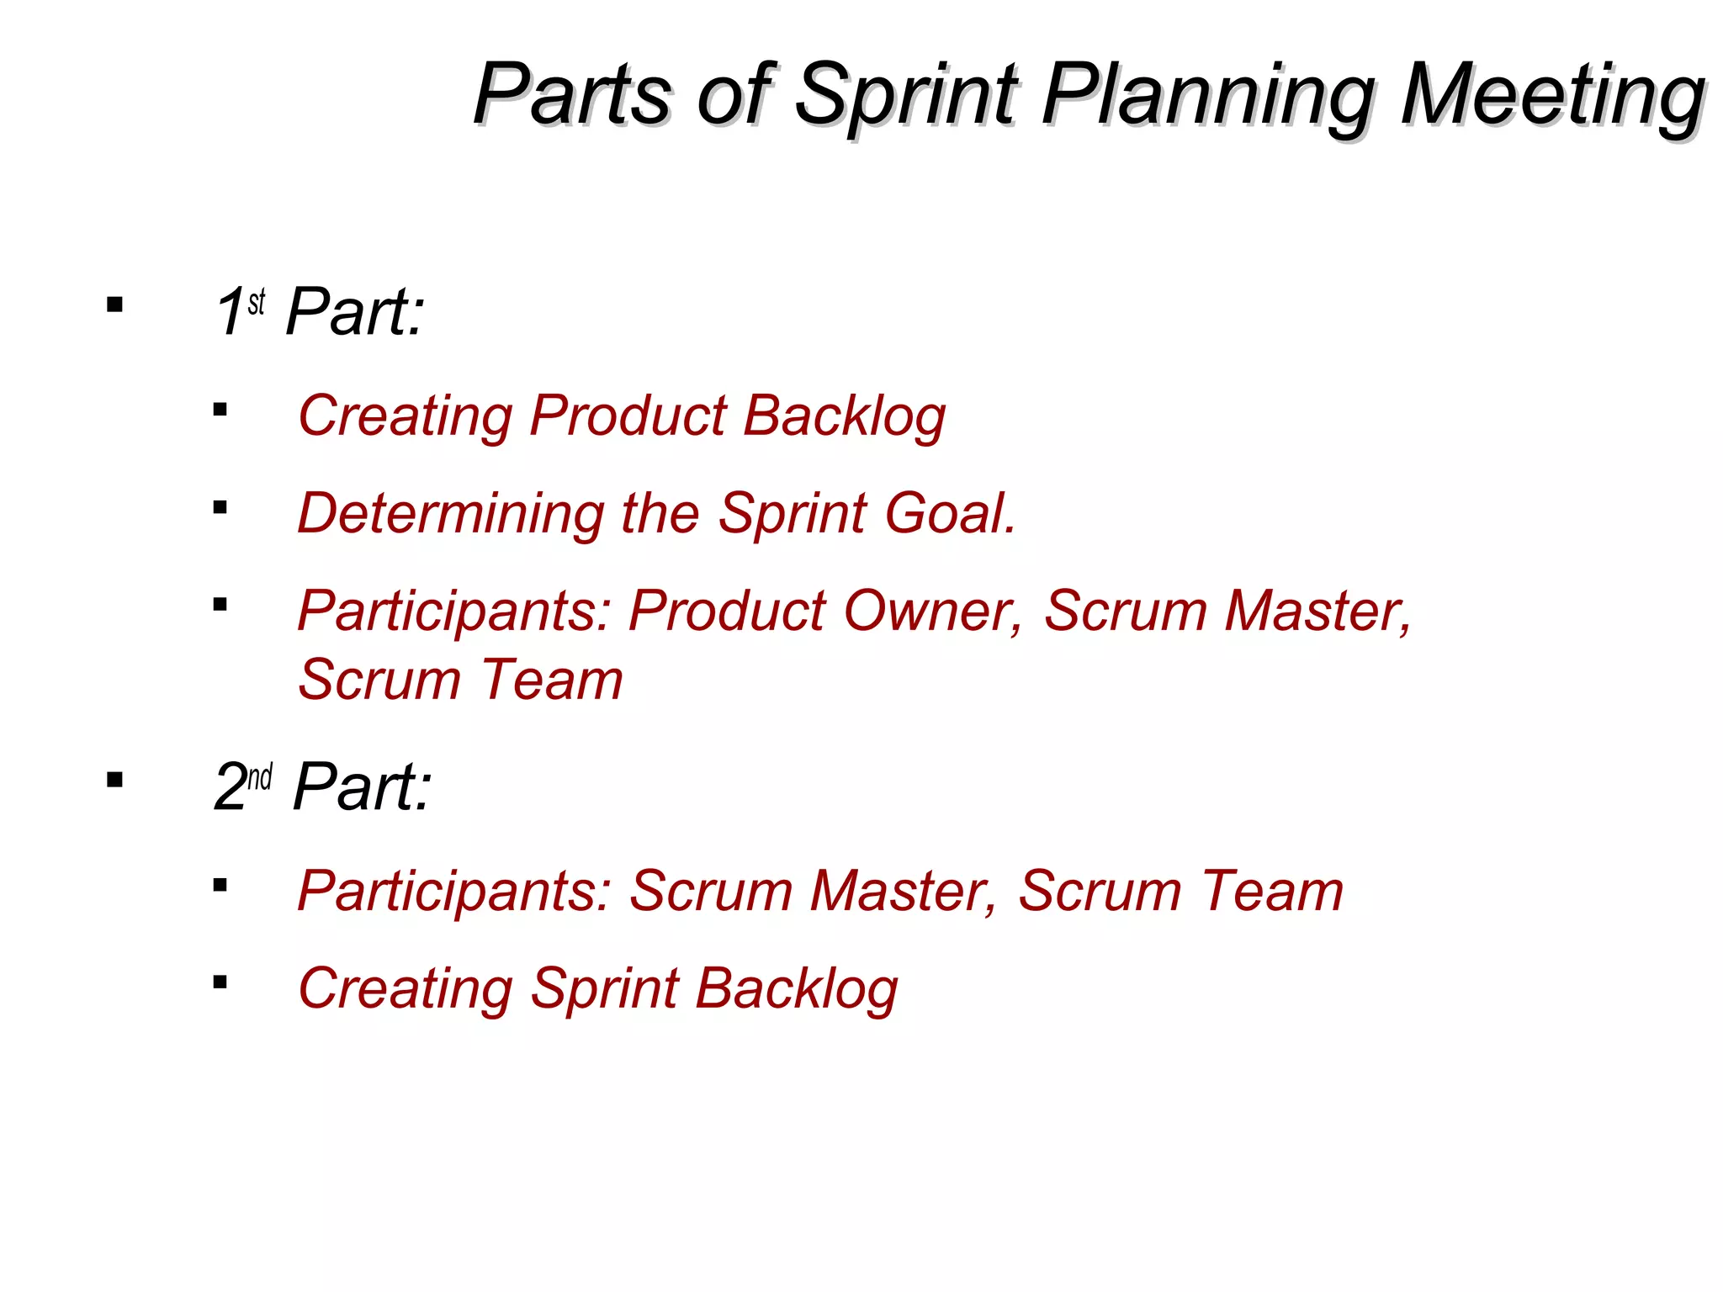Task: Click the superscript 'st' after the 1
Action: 257,301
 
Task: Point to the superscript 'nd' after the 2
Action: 260,776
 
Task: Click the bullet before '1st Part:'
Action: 115,304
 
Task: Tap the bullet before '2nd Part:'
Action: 115,780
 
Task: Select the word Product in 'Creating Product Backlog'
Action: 628,416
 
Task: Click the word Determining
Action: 451,513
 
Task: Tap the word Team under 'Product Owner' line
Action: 552,680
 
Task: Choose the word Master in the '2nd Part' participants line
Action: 902,891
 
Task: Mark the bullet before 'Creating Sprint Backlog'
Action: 220,982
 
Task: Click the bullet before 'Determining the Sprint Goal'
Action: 220,507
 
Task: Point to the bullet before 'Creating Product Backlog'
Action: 220,410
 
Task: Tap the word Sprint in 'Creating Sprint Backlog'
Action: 604,988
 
